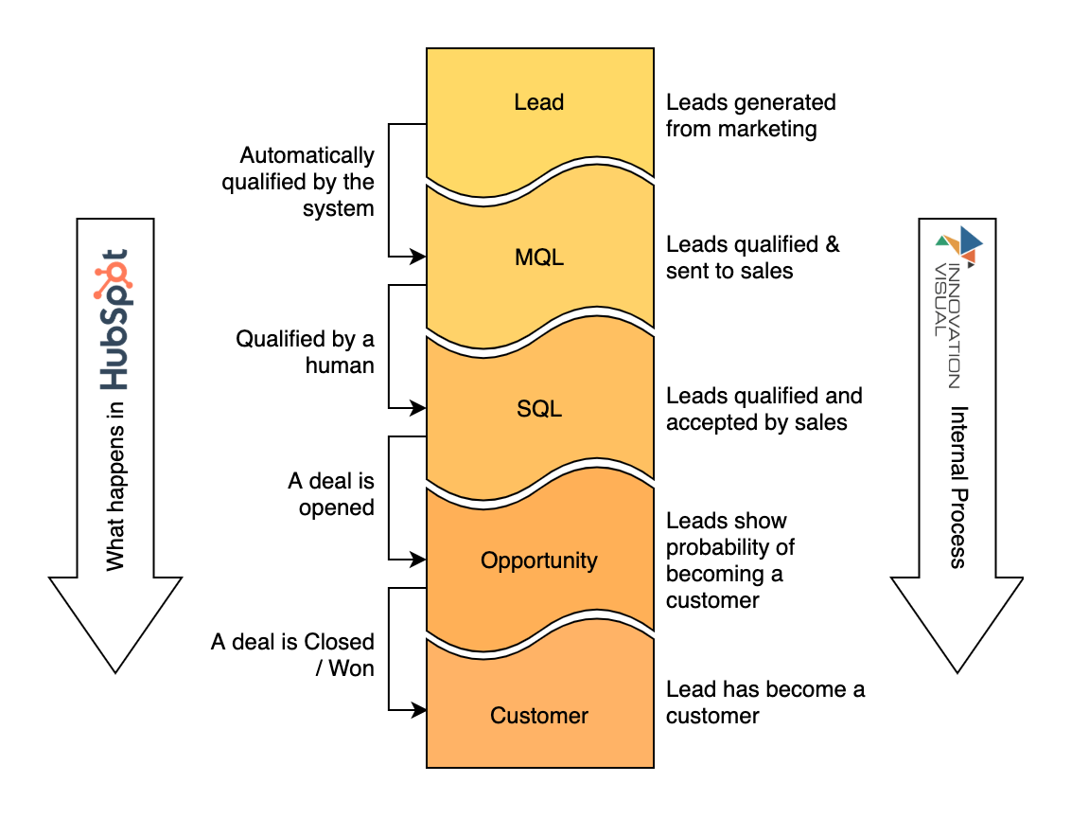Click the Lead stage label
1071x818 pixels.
(x=539, y=102)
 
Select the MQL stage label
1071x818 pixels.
(x=539, y=257)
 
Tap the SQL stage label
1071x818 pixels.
(x=539, y=409)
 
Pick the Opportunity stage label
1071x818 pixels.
(x=539, y=560)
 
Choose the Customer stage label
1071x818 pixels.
(x=539, y=716)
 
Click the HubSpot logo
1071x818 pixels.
(x=114, y=319)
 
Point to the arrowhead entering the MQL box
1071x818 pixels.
(x=417, y=257)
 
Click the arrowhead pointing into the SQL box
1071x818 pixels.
(x=417, y=409)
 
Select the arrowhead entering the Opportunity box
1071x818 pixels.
(x=417, y=560)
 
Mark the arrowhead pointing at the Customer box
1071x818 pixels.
(x=417, y=709)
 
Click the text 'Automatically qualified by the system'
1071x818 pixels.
(x=299, y=182)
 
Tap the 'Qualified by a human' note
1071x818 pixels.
(x=306, y=351)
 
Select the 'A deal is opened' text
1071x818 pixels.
(x=331, y=494)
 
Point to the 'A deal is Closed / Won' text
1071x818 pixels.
(x=293, y=655)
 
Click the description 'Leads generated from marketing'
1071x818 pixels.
(x=750, y=116)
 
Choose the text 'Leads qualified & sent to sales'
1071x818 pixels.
(x=752, y=258)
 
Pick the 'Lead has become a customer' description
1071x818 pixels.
(x=764, y=702)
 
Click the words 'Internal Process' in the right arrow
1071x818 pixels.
(x=957, y=487)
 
